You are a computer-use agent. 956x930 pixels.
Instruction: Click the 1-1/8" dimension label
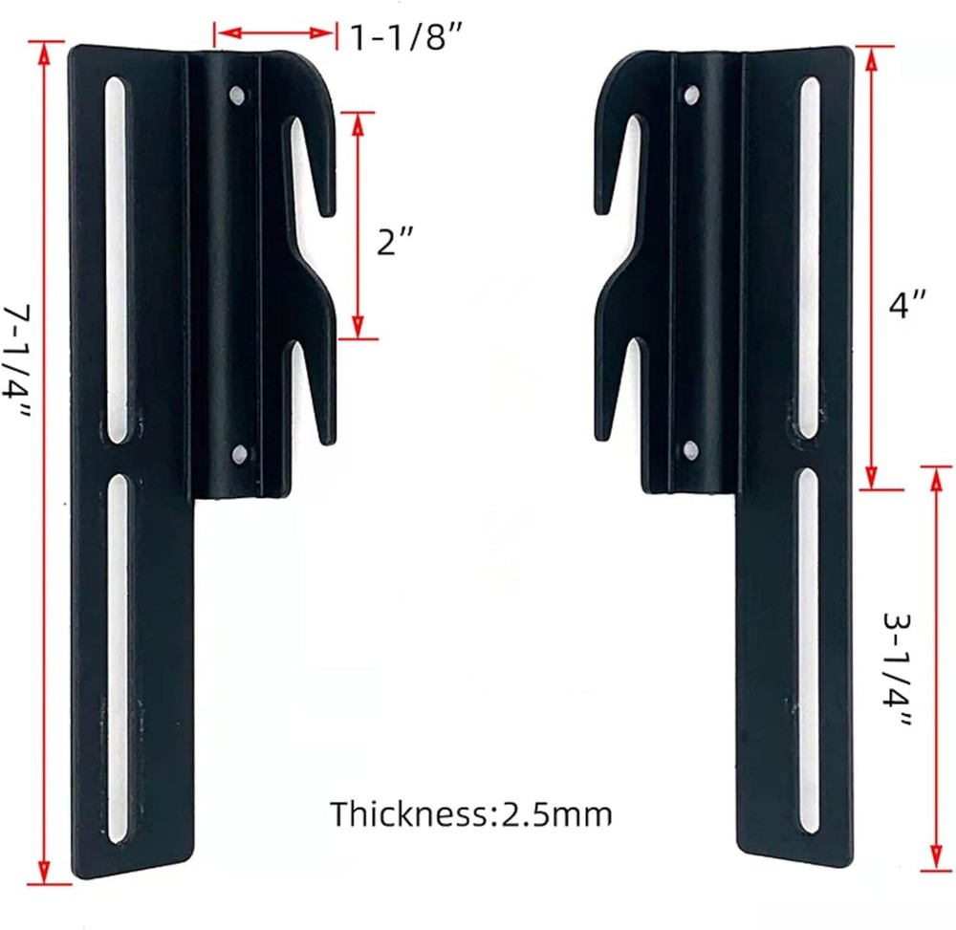pyautogui.click(x=405, y=36)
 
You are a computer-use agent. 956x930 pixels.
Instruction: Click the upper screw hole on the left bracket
pyautogui.click(x=235, y=95)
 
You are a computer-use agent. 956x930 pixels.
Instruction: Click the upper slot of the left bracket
pyautogui.click(x=116, y=258)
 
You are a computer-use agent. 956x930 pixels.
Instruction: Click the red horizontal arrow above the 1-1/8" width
pyautogui.click(x=275, y=35)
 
